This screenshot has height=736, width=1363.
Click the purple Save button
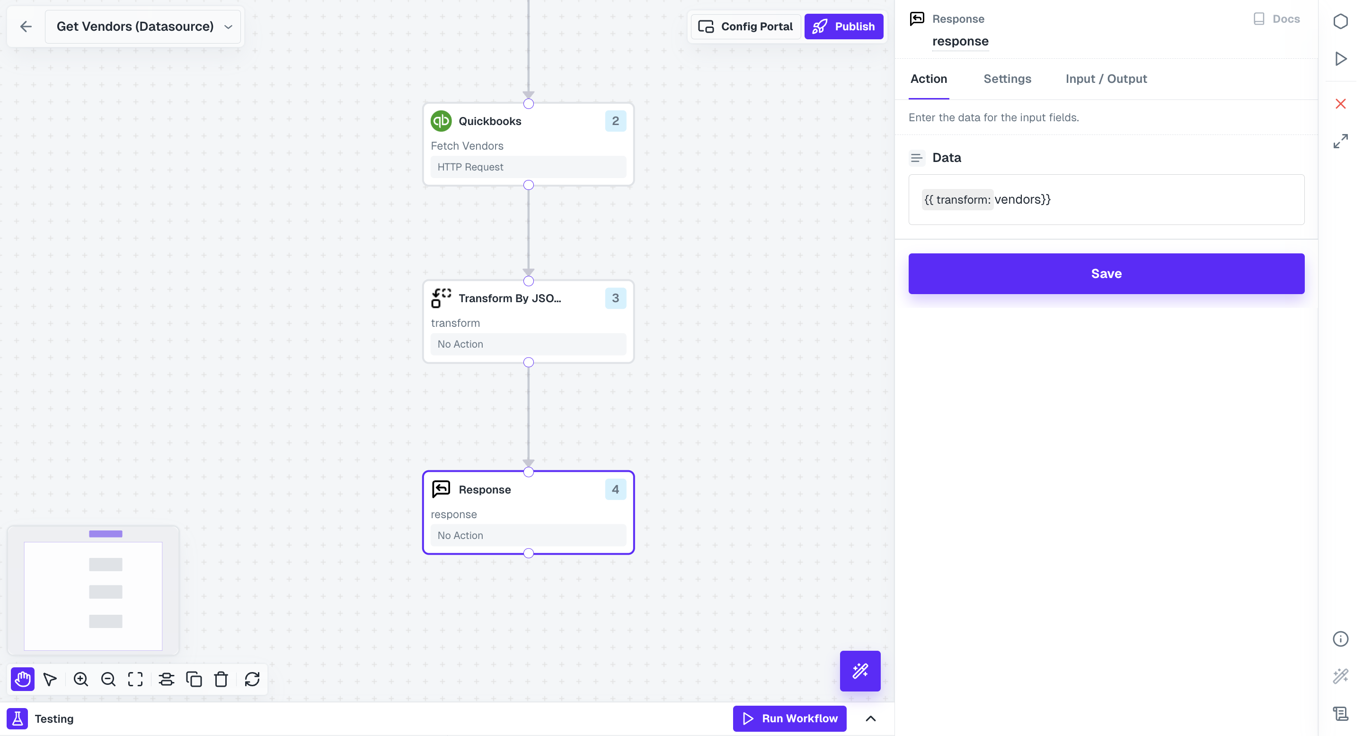click(1106, 273)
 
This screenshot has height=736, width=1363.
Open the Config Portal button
click(745, 27)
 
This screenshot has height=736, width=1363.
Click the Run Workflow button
click(789, 718)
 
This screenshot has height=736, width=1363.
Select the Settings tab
click(1007, 79)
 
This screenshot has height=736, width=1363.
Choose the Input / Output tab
click(1106, 79)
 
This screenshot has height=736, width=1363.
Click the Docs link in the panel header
click(1277, 19)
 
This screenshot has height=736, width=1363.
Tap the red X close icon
click(1340, 104)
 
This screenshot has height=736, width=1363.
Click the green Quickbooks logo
click(441, 121)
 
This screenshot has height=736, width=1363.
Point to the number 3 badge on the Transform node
click(615, 298)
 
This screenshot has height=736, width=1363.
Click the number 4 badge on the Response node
click(615, 489)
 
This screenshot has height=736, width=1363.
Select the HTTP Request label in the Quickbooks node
click(470, 167)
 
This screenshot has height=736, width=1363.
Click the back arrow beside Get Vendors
click(26, 27)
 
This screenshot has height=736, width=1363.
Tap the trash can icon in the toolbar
click(221, 679)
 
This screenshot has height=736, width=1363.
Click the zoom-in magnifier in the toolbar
click(80, 679)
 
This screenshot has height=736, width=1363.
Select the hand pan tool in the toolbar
click(23, 679)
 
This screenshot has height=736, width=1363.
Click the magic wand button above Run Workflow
click(860, 671)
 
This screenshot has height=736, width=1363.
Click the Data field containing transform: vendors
click(1106, 199)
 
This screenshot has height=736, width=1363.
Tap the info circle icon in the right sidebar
click(1340, 639)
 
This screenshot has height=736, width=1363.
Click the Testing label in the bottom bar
click(54, 718)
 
